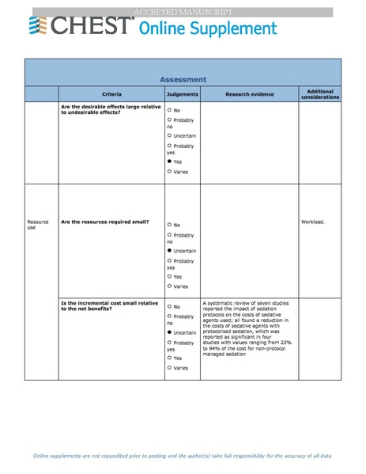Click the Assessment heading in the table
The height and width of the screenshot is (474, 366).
click(183, 79)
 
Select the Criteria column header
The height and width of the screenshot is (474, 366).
click(111, 94)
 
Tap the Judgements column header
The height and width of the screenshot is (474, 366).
click(183, 94)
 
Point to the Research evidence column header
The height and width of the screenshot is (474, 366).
click(249, 94)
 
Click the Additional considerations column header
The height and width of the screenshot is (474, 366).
click(320, 94)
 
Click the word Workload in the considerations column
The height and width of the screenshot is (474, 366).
click(313, 222)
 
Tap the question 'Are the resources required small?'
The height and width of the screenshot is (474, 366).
click(105, 222)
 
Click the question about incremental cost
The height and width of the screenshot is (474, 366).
click(109, 305)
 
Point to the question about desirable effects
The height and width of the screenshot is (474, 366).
click(109, 109)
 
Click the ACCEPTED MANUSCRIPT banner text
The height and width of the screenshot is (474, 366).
click(183, 12)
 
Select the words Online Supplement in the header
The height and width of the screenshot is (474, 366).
click(208, 29)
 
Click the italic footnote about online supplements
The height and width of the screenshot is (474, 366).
click(183, 457)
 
